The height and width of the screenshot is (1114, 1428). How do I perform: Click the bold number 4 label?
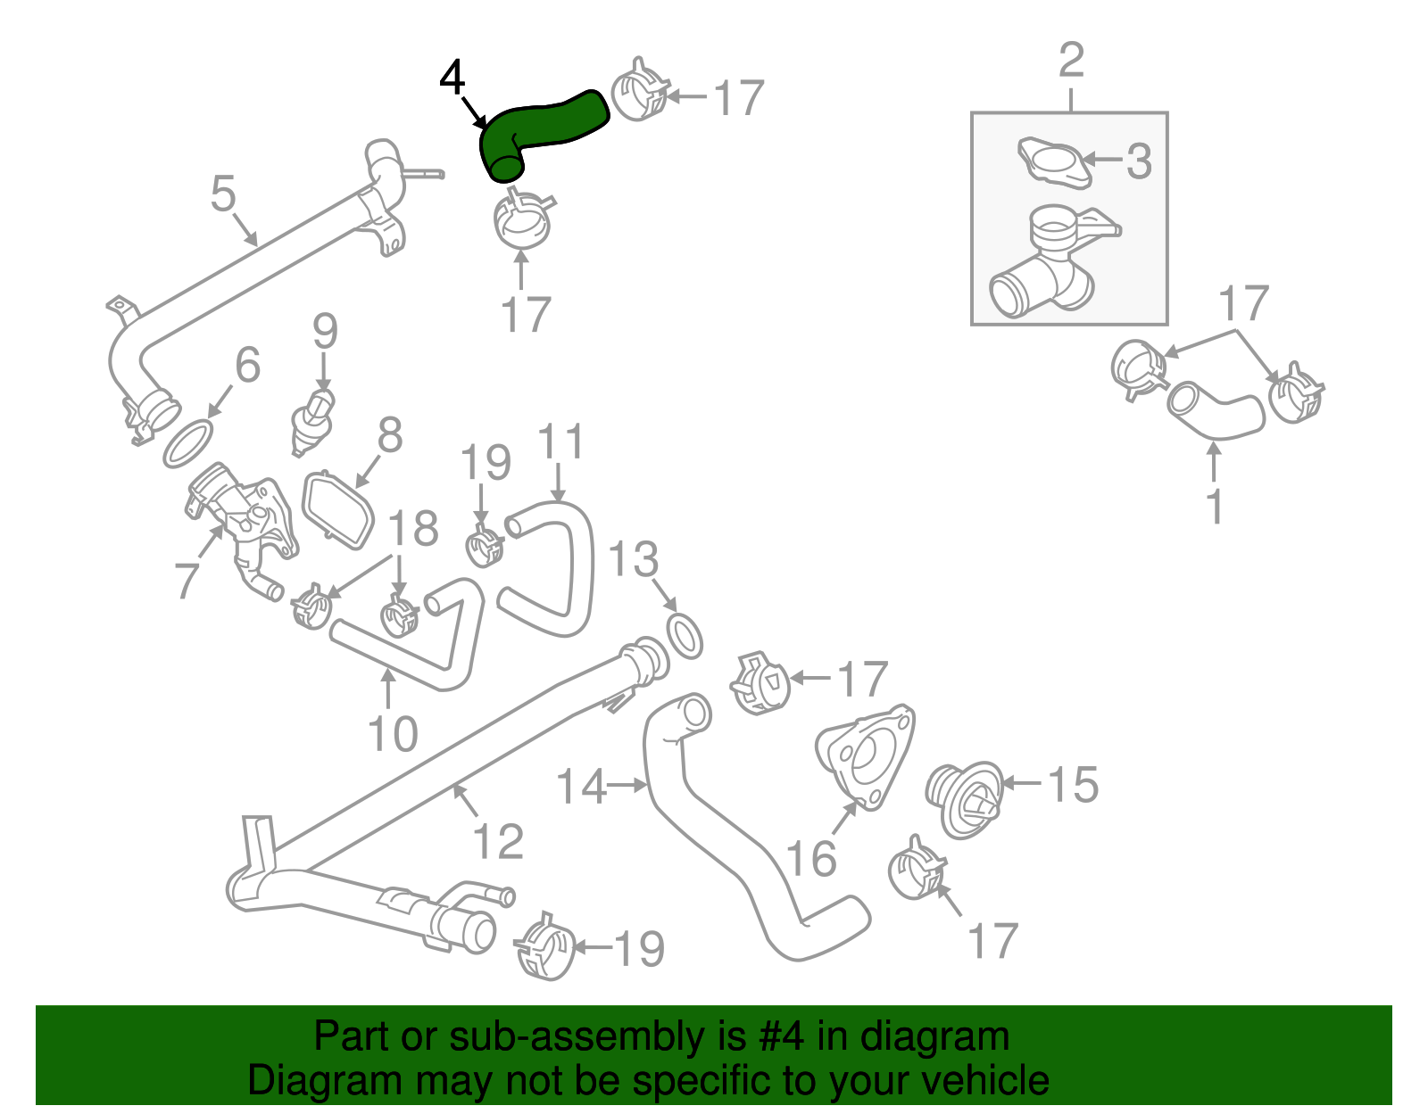(452, 78)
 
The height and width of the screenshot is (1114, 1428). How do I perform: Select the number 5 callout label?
(223, 194)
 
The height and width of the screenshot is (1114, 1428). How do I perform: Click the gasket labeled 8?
(338, 509)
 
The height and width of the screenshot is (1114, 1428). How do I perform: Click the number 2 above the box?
(1071, 60)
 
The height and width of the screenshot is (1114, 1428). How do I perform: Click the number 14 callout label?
(581, 787)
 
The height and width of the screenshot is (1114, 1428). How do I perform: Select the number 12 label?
(497, 841)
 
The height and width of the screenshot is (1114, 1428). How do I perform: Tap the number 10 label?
(393, 734)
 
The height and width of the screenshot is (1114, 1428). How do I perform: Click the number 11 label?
(560, 441)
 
